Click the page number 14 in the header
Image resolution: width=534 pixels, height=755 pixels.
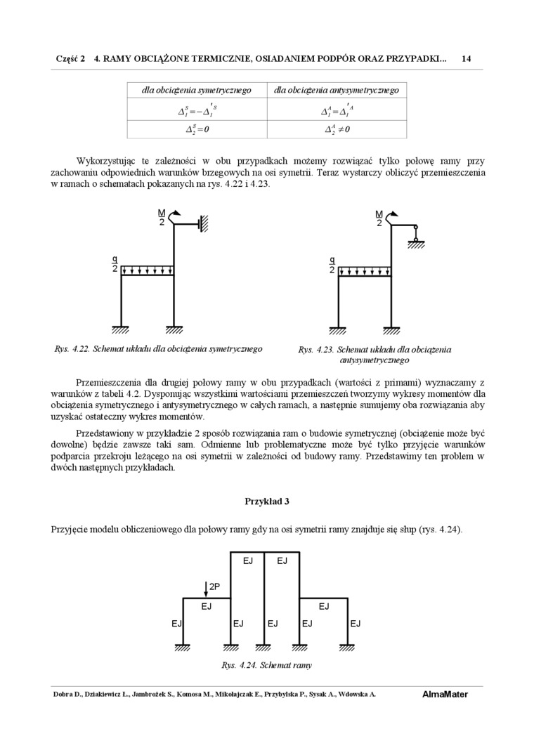click(x=466, y=60)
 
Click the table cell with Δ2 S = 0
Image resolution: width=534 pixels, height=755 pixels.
click(x=197, y=130)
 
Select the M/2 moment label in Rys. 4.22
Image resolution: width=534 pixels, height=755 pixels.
click(x=162, y=218)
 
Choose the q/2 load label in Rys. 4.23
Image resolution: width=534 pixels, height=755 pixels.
click(x=332, y=264)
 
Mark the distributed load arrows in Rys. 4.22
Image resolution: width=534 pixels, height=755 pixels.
click(x=148, y=270)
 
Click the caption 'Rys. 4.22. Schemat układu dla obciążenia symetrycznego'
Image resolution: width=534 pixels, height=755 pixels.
click(x=158, y=349)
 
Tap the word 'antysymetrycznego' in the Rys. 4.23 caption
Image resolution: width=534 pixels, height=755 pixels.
click(x=374, y=360)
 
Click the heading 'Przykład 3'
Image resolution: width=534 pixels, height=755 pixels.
click(x=267, y=501)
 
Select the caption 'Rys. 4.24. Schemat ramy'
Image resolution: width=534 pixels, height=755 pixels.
click(x=266, y=665)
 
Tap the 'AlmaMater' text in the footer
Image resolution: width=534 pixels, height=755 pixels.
click(x=445, y=695)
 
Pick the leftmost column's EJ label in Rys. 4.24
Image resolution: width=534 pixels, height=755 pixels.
click(x=176, y=623)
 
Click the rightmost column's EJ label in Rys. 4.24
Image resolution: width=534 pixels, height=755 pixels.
click(x=356, y=623)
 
